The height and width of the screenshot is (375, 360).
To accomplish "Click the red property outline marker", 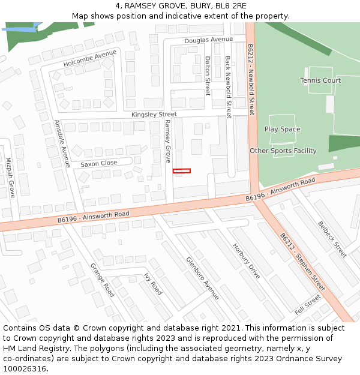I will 181,171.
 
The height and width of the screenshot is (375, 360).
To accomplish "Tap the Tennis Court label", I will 320,80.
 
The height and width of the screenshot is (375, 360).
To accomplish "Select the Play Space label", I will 282,129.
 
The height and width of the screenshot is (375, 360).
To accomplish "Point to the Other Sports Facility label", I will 283,151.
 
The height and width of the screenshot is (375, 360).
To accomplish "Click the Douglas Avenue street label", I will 208,40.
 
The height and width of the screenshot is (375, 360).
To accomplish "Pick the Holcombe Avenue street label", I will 90,58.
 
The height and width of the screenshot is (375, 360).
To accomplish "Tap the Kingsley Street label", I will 154,114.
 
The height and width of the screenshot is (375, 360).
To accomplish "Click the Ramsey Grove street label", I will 168,141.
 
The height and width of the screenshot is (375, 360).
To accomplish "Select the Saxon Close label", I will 99,163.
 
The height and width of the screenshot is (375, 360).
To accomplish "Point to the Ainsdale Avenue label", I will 62,143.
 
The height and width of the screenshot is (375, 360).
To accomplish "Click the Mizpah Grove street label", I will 10,178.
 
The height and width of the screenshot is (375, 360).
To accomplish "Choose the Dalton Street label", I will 208,76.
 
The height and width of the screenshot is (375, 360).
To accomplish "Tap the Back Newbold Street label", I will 228,87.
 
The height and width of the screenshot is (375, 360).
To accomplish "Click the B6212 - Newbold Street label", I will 251,79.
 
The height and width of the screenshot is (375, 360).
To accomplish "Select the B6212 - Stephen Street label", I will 302,262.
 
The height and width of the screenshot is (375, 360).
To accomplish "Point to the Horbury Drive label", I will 247,261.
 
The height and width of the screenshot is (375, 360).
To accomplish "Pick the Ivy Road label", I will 152,284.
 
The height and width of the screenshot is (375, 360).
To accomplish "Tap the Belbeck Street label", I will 332,239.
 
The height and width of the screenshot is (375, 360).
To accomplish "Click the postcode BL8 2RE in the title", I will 232,6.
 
